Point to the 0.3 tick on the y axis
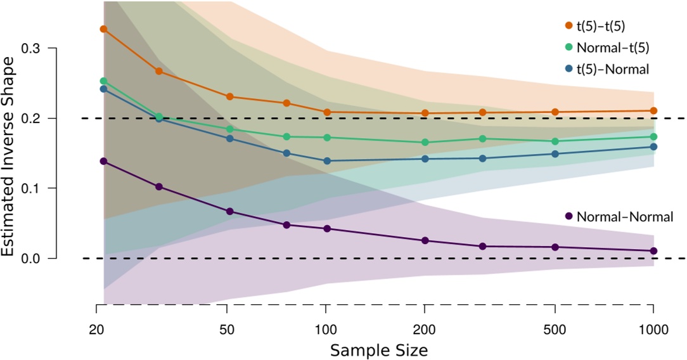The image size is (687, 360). click(x=31, y=49)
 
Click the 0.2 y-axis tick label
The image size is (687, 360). click(x=31, y=119)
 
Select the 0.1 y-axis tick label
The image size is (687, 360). click(x=31, y=188)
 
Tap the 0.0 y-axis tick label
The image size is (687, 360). click(x=31, y=259)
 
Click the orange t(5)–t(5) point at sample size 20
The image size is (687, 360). click(x=103, y=29)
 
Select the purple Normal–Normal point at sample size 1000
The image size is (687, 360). click(x=653, y=251)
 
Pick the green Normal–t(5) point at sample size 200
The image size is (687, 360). click(x=425, y=143)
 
